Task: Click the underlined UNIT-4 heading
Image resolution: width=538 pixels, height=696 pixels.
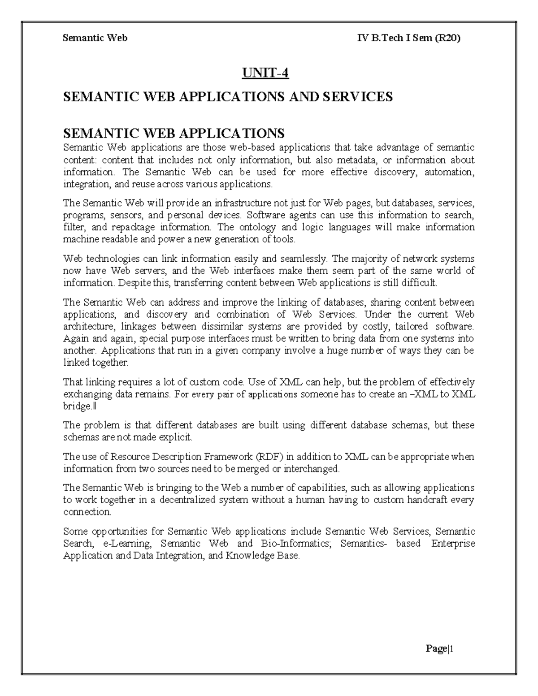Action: tap(265, 73)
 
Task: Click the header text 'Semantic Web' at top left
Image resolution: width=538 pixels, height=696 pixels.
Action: tap(95, 38)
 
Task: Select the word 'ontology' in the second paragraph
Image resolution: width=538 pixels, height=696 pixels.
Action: tap(257, 227)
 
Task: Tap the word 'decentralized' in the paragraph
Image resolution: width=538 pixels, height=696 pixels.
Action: tap(188, 500)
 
